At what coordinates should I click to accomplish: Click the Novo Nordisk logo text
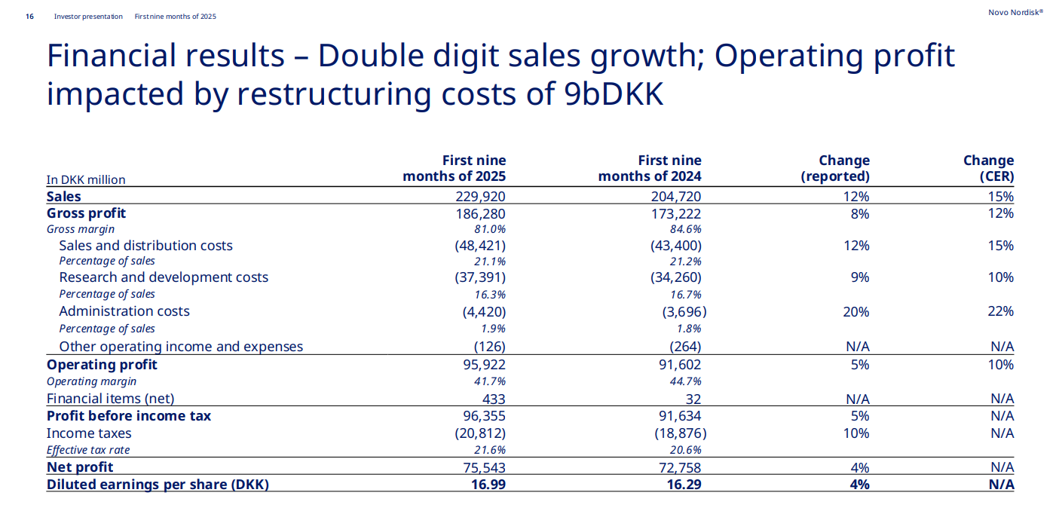coord(1015,12)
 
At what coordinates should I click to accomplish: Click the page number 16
coord(29,16)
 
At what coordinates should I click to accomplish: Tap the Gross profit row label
coord(86,213)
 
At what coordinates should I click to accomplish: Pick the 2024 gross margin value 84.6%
coord(685,229)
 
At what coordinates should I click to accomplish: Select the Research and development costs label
coord(164,277)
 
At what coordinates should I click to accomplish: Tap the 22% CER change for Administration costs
coord(1001,311)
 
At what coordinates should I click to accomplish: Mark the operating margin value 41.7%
coord(490,381)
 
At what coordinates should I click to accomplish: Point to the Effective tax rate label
coord(88,450)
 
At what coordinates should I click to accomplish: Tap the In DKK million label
coord(86,179)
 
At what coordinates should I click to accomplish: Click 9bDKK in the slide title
coord(614,94)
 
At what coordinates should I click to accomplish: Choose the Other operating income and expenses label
coord(181,347)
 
